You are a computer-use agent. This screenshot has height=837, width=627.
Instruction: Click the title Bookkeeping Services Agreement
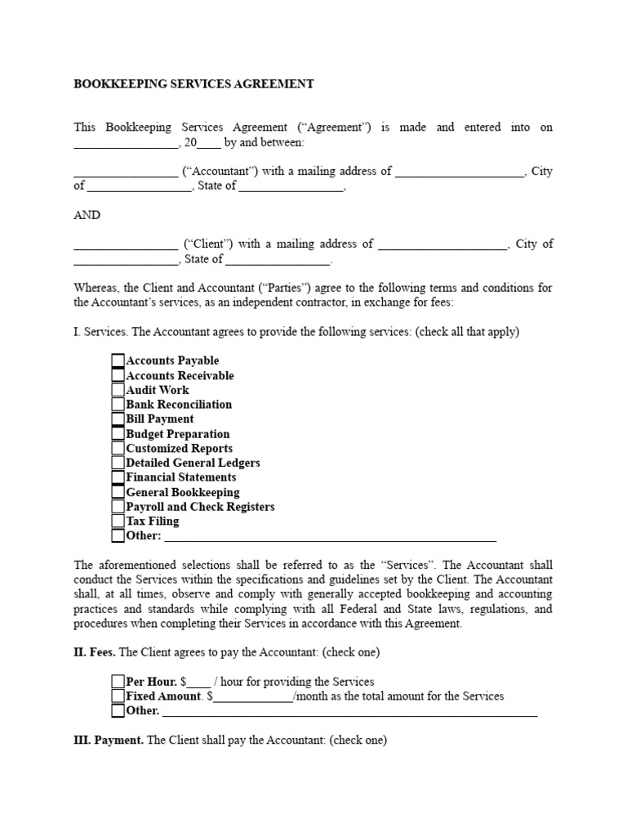click(193, 83)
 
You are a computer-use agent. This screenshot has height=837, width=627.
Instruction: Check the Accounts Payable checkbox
click(118, 360)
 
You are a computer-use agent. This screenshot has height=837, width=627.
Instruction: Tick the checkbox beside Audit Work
click(118, 390)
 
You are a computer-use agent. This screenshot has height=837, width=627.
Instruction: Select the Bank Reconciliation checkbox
click(118, 405)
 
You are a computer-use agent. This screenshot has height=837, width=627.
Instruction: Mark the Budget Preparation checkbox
click(118, 434)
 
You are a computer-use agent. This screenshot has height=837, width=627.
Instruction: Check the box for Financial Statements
click(118, 477)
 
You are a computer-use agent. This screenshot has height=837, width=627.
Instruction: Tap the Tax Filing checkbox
click(118, 521)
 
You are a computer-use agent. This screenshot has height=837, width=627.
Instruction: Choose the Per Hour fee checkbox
click(118, 682)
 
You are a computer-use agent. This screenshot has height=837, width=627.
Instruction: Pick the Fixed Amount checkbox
click(118, 696)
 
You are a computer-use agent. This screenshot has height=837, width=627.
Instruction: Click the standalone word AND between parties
click(87, 215)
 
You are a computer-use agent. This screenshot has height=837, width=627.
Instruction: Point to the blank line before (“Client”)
click(126, 245)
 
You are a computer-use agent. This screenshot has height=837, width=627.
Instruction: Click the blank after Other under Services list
click(331, 538)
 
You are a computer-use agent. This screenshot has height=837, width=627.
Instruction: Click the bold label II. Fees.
click(96, 652)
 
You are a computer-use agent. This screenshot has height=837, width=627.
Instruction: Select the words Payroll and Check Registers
click(200, 507)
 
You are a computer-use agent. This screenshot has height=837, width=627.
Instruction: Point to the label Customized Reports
click(179, 449)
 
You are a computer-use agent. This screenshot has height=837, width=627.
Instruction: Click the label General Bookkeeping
click(183, 492)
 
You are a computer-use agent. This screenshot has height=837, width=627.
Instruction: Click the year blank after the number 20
click(209, 144)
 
